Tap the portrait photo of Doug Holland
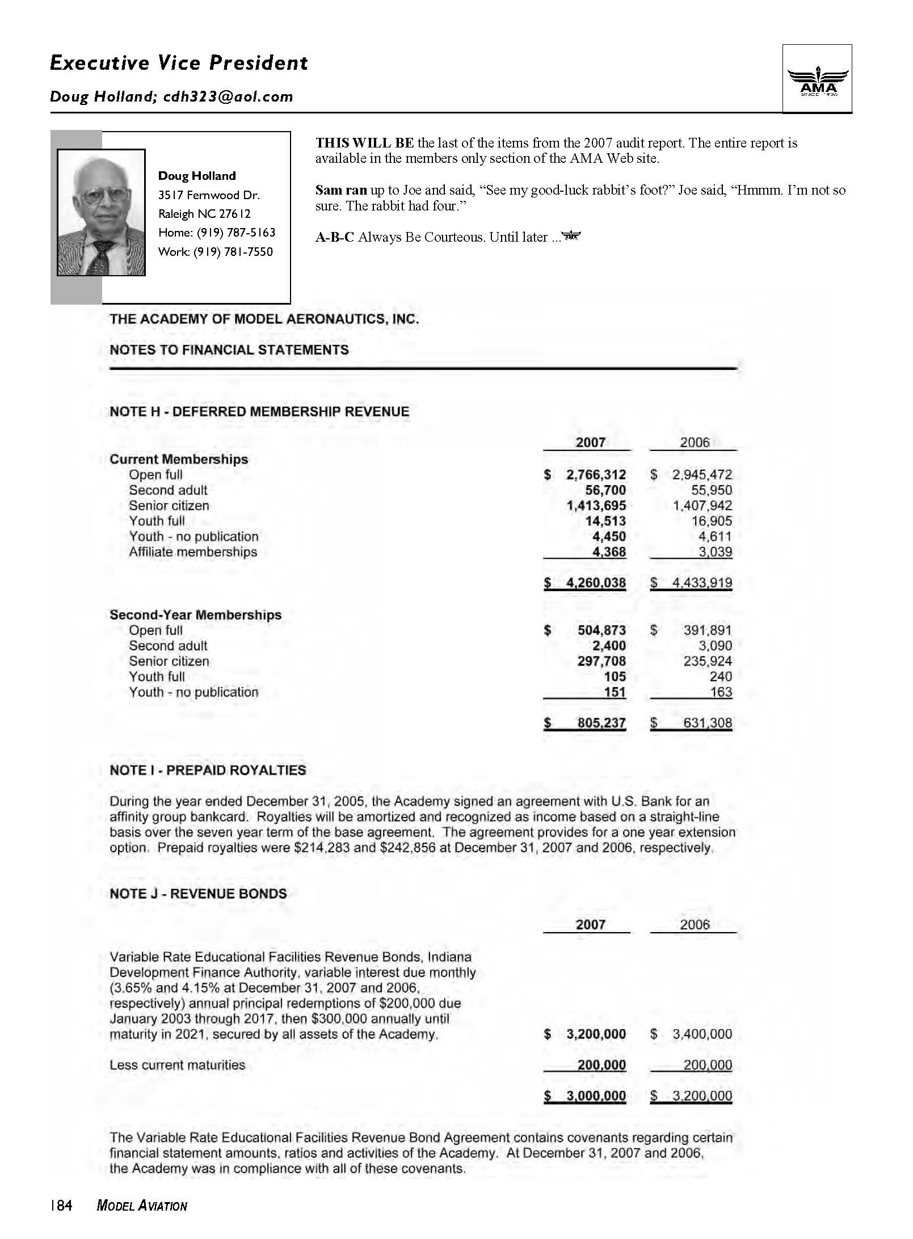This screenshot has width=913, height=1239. tap(101, 213)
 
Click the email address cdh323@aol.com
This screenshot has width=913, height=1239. tap(228, 96)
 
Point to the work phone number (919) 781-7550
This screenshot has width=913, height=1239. tap(233, 252)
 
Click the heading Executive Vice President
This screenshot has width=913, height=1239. tap(179, 62)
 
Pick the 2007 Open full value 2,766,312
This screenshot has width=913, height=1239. tap(596, 475)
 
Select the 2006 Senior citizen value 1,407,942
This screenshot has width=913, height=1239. tap(702, 505)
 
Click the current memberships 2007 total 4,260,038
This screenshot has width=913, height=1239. tap(596, 583)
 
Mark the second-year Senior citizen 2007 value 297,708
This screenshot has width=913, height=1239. tap(601, 661)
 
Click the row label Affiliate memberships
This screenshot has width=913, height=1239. tap(193, 552)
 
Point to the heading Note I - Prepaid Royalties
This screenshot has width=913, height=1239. tap(208, 770)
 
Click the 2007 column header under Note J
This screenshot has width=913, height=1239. tap(591, 925)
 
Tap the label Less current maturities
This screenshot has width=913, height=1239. tap(177, 1065)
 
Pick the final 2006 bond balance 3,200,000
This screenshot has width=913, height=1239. tap(702, 1096)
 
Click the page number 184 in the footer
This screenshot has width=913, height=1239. tap(61, 1206)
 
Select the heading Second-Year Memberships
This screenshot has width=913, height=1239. tap(195, 615)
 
